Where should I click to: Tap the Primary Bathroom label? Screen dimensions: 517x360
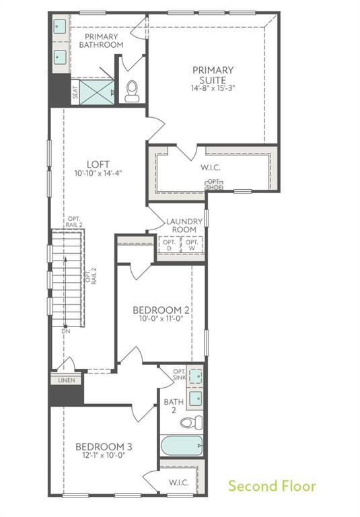coord(101,40)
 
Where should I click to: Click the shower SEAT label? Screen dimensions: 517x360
coord(75,92)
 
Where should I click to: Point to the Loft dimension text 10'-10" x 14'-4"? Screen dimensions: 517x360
coord(98,173)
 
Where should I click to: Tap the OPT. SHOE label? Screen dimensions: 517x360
coord(215,184)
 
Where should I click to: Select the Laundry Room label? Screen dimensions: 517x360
coord(182,225)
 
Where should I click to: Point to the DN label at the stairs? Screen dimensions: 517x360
coord(65,331)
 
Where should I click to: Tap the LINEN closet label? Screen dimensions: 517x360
coord(66,380)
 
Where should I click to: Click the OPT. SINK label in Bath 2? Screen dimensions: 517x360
coord(180,375)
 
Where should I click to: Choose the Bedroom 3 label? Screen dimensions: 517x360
coord(103,446)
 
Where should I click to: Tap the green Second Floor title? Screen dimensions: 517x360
coord(271,485)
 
